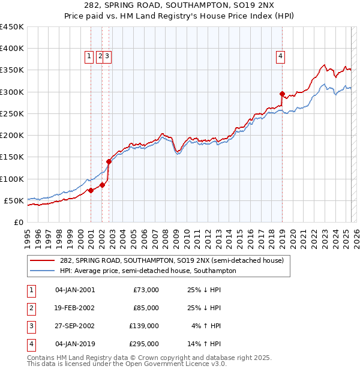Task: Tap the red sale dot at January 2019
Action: tap(282, 94)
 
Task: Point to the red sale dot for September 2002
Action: tap(109, 161)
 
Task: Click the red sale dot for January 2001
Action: tap(91, 190)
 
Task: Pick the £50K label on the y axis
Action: tap(14, 200)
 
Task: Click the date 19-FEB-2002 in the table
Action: tap(75, 308)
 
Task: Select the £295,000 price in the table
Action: tap(144, 344)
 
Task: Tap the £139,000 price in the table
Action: tap(144, 326)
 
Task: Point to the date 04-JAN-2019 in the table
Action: tap(75, 344)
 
